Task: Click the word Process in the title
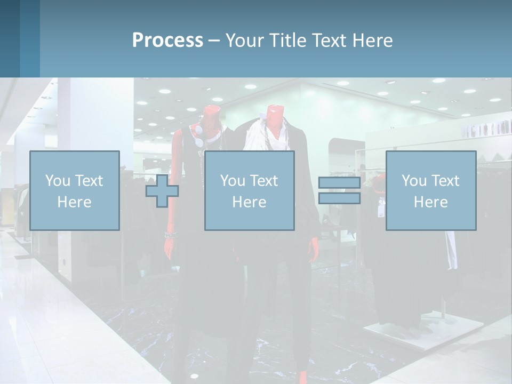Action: point(167,41)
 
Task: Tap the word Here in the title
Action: point(372,41)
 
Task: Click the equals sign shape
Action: point(339,190)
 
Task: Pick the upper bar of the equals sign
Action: point(339,183)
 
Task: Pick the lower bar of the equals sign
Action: point(339,198)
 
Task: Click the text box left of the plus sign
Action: point(75,190)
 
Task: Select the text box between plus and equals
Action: point(249,190)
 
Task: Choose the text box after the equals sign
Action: point(430,190)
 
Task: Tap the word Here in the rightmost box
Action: point(430,202)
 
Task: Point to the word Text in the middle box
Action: point(265,181)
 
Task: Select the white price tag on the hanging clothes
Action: point(381,210)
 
